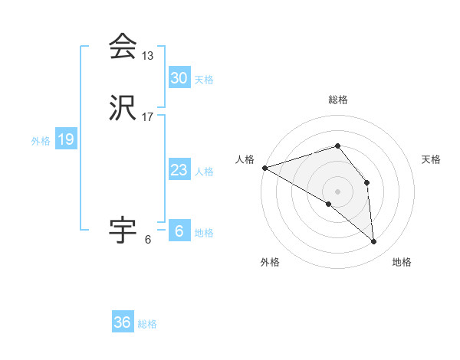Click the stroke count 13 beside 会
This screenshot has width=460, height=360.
coord(147,56)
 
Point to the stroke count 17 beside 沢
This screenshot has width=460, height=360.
coord(147,117)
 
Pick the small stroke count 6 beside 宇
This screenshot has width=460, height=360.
coord(147,240)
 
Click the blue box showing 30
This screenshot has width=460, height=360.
coord(179,78)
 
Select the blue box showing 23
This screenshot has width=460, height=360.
coord(179,170)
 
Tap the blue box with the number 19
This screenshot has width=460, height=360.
coord(65,139)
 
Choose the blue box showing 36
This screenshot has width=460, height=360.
coord(122,322)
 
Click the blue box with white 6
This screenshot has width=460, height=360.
coord(179,231)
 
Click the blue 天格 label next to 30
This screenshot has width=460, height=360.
coord(204,80)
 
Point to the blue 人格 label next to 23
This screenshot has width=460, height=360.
coord(204,172)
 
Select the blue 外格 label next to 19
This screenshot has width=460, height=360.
coord(41,141)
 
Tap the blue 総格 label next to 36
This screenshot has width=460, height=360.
coord(147,324)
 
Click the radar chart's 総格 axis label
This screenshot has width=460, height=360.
coord(338,100)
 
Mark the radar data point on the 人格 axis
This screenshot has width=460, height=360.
coord(264,167)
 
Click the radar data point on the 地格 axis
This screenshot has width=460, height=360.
coord(373,241)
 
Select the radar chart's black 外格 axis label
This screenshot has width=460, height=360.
coord(270,263)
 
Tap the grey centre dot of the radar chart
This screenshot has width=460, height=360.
coord(338,191)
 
